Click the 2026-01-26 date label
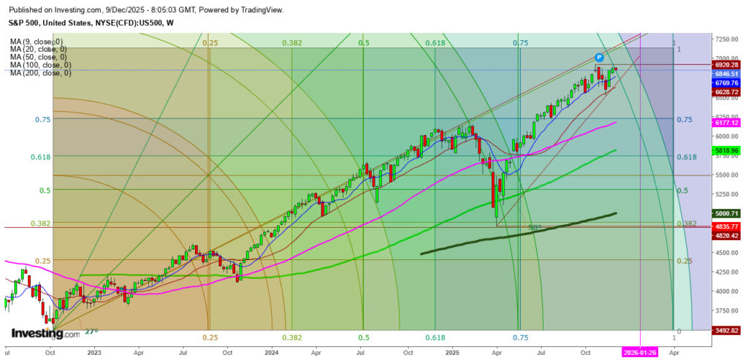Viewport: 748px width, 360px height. point(640,351)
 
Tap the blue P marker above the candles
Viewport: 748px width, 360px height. point(599,57)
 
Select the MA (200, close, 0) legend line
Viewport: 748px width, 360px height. point(41,73)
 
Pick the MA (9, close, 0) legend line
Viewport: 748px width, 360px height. point(37,42)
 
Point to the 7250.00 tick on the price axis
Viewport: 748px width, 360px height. point(726,39)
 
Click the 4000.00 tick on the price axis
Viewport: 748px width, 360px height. point(726,291)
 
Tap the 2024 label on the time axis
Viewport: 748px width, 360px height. point(272,351)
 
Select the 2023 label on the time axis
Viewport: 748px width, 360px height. point(93,351)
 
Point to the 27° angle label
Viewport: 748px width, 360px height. point(92,332)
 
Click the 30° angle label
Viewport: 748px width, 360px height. point(534,228)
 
